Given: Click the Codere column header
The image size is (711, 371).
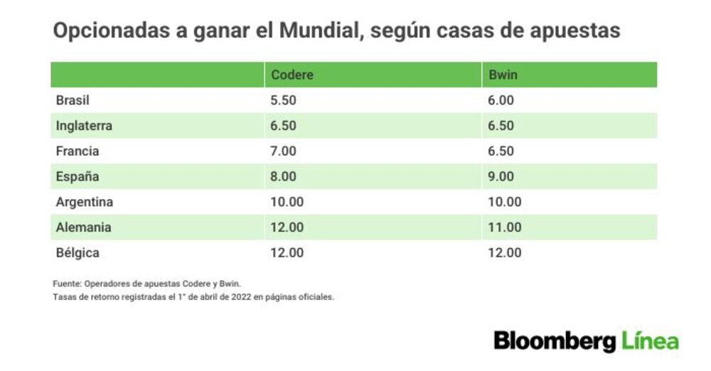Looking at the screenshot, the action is click(x=292, y=75).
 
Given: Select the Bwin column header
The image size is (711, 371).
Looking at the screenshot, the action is click(x=503, y=75).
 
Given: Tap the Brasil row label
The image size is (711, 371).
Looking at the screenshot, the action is click(x=73, y=100).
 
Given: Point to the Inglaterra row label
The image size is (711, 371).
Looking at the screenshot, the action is click(x=84, y=126).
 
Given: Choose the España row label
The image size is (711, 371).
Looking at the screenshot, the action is click(x=77, y=176).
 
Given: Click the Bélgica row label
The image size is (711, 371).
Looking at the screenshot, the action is click(x=77, y=252).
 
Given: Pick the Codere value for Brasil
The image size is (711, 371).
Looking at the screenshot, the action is click(x=283, y=100).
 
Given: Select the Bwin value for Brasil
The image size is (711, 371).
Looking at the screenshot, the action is click(x=501, y=100).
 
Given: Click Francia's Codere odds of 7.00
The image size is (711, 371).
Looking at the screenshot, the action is click(x=283, y=151).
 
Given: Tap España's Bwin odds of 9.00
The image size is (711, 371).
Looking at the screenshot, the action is click(x=501, y=176).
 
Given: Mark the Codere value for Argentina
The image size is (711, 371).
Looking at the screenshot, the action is click(x=287, y=202).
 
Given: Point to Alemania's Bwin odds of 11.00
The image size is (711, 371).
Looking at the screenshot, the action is click(x=505, y=227).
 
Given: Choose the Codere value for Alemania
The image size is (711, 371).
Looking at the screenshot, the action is click(x=287, y=227).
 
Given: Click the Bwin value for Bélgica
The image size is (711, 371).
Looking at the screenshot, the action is click(x=505, y=252).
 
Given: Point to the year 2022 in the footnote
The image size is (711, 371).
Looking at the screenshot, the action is click(x=241, y=297).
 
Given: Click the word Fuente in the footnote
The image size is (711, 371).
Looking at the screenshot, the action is click(x=67, y=284).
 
